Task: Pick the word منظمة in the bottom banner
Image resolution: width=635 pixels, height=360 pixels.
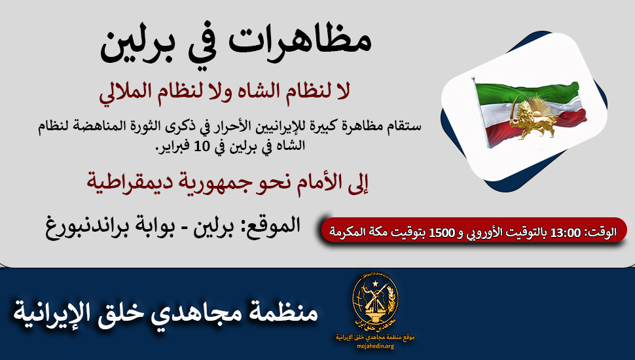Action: (x=285, y=313)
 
